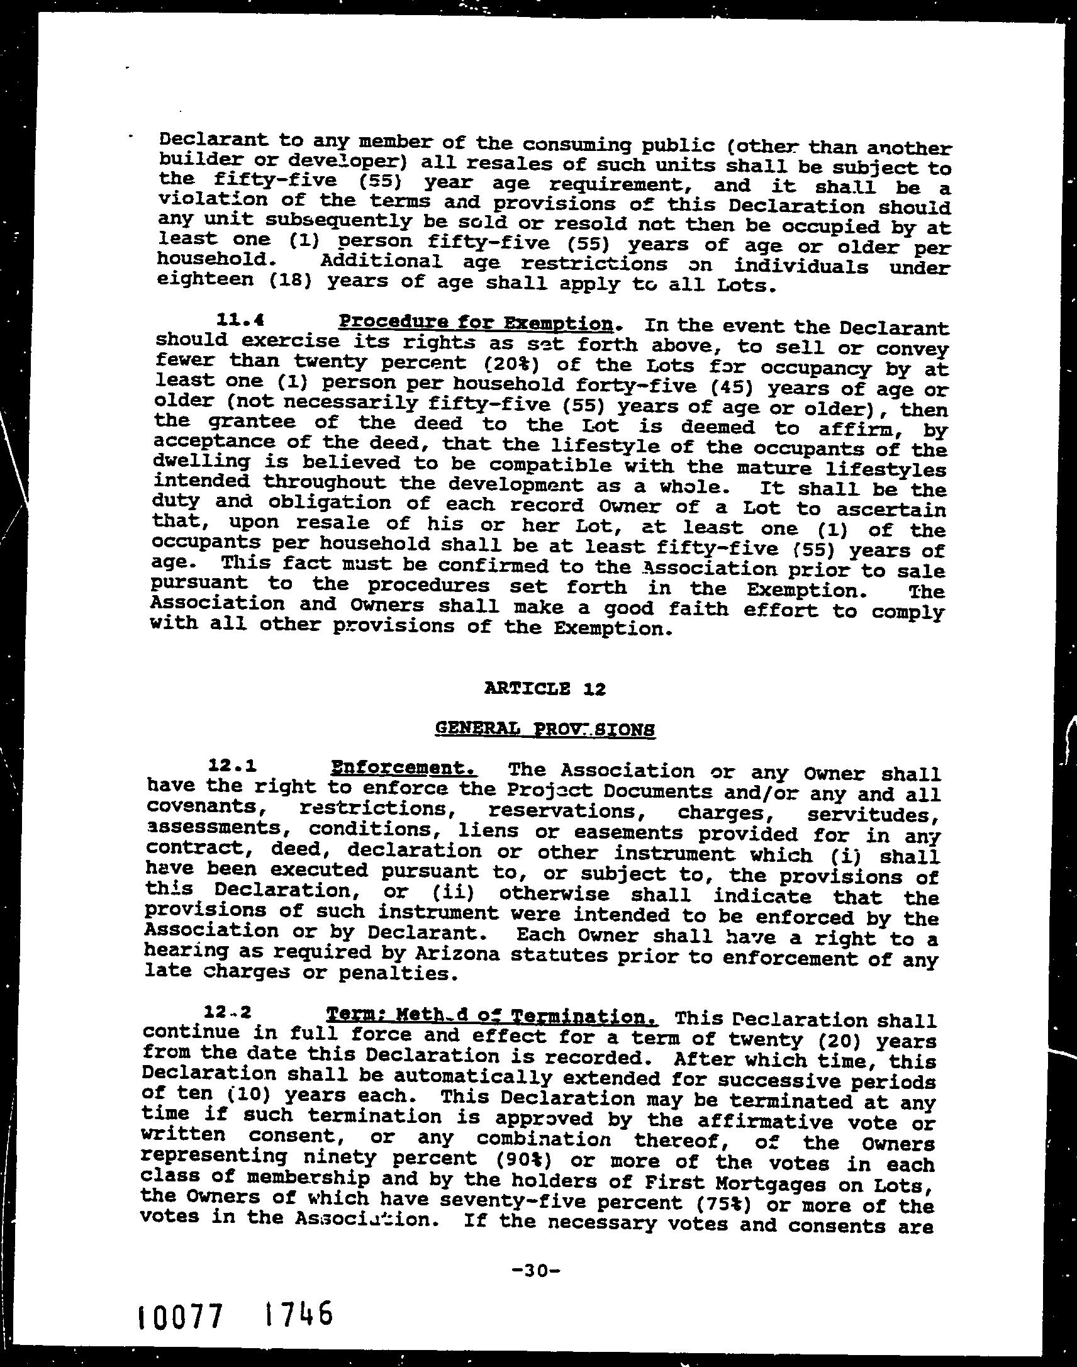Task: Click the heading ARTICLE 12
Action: (545, 689)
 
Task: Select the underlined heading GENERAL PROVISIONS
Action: (545, 730)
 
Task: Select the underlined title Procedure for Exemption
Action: (476, 323)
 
